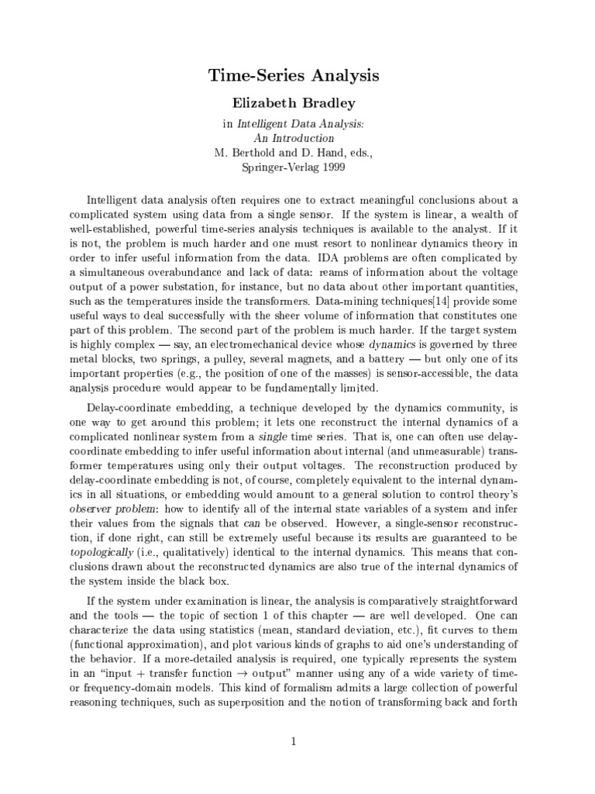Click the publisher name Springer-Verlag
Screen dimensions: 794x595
(x=273, y=167)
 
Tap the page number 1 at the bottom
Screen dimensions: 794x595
(x=294, y=742)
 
